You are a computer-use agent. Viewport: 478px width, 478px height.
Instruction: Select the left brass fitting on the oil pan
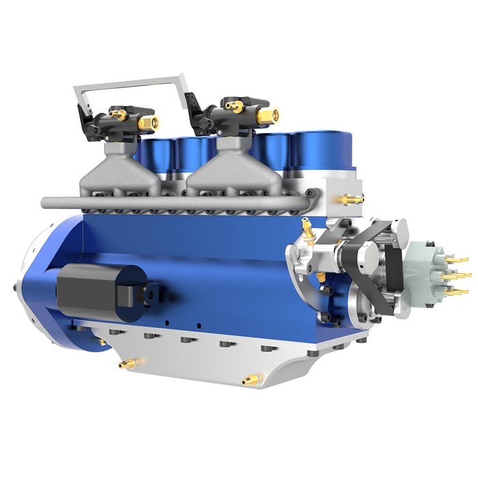(x=127, y=364)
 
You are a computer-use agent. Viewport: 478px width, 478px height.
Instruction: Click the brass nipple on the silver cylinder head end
(x=351, y=199)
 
